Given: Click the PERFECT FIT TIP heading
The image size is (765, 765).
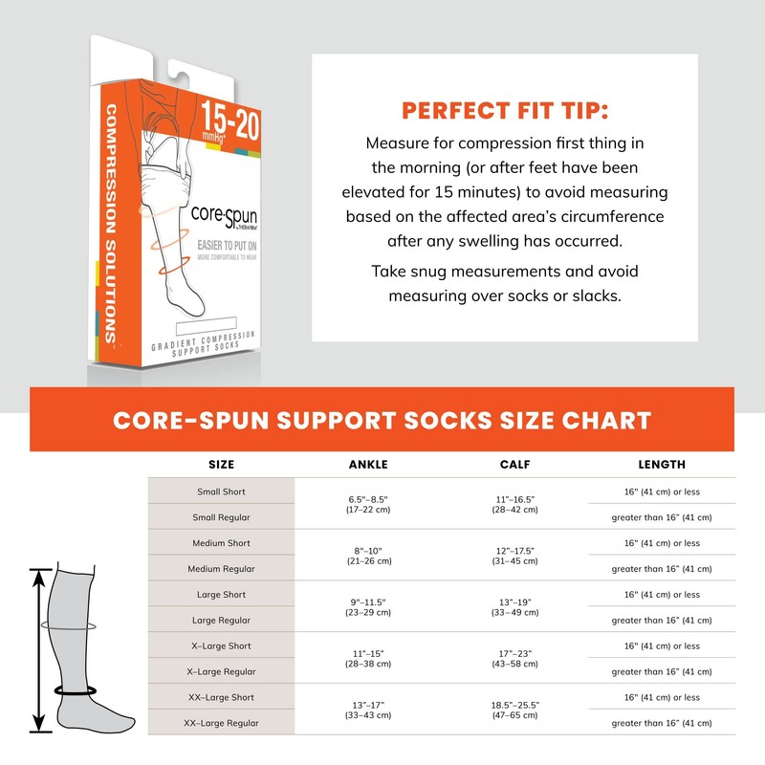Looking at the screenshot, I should [504, 110].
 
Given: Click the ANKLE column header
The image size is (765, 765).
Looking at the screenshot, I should [368, 465].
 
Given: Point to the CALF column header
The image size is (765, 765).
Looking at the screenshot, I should [514, 465].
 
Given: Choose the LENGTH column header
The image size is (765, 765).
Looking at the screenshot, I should [662, 465].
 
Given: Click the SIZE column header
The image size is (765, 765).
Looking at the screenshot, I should [221, 465].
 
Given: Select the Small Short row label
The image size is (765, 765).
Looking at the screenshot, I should [221, 492].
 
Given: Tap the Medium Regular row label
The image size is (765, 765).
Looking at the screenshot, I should [221, 569].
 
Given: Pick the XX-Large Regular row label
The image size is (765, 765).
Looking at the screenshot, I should [221, 723].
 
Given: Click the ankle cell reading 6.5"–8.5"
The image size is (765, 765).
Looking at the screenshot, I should [368, 504].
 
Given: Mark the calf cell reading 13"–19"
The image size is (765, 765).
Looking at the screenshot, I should [514, 607].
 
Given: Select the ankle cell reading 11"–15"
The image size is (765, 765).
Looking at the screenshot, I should [368, 659].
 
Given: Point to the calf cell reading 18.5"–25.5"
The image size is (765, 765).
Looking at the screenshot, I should [514, 710].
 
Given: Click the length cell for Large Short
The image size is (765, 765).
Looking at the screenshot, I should [662, 595].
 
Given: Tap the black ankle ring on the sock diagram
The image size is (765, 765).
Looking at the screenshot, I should [77, 688].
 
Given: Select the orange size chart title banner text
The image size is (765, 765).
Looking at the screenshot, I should [382, 420].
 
